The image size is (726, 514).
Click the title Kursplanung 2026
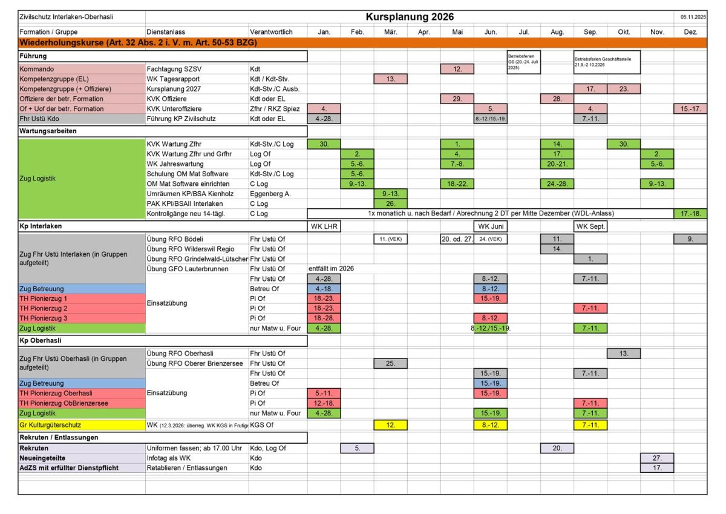(x=410, y=16)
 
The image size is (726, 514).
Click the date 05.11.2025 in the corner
(x=693, y=17)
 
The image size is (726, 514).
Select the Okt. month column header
(x=624, y=31)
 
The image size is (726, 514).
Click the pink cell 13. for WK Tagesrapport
(x=391, y=79)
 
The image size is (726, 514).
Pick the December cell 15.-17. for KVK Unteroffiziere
(x=690, y=108)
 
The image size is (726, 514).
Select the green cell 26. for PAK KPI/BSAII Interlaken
(x=391, y=203)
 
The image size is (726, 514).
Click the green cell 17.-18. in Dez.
(x=690, y=213)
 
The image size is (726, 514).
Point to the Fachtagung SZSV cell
(x=168, y=70)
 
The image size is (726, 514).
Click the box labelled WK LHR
(x=324, y=226)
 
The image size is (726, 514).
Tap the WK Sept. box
(x=590, y=226)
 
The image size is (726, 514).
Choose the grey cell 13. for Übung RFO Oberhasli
(x=624, y=353)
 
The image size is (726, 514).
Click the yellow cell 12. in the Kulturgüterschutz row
(x=391, y=426)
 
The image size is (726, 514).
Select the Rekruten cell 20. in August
(x=557, y=448)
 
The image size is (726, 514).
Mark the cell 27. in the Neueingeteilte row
(x=657, y=458)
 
